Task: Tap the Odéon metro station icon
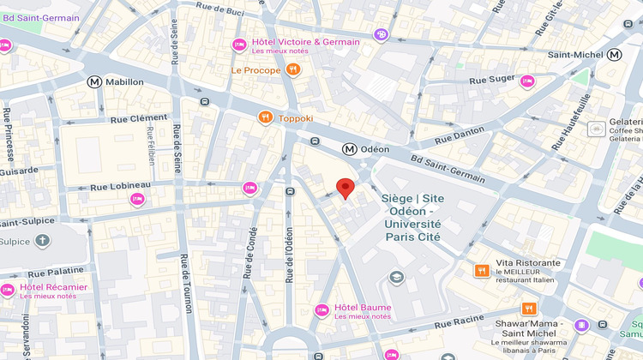pos(349,149)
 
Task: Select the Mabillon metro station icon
pos(94,82)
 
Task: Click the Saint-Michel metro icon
pos(614,55)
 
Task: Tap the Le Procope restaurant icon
pos(293,69)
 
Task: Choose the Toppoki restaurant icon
pos(265,118)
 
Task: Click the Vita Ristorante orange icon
pos(482,271)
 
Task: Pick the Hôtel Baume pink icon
pos(321,309)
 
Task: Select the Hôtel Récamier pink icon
pos(8,290)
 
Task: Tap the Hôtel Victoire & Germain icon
pos(239,45)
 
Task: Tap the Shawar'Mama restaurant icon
pos(529,309)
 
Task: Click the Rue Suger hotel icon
pos(527,81)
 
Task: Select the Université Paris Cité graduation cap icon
pos(396,278)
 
